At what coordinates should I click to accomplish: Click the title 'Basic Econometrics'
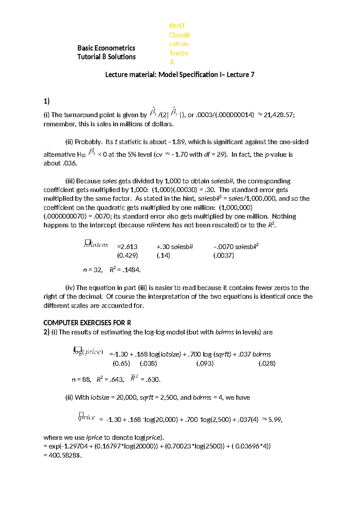106,48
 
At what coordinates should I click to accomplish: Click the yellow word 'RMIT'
177,26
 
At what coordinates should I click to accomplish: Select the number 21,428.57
278,115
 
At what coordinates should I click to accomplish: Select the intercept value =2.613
127,247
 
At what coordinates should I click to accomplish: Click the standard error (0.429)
127,255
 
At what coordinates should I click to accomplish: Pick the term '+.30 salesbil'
174,247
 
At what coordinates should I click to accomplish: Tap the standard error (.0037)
223,255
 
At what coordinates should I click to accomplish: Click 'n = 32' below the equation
93,270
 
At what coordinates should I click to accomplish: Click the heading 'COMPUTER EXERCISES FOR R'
87,323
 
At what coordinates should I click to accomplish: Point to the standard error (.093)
205,363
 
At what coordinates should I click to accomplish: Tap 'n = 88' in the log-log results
81,380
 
